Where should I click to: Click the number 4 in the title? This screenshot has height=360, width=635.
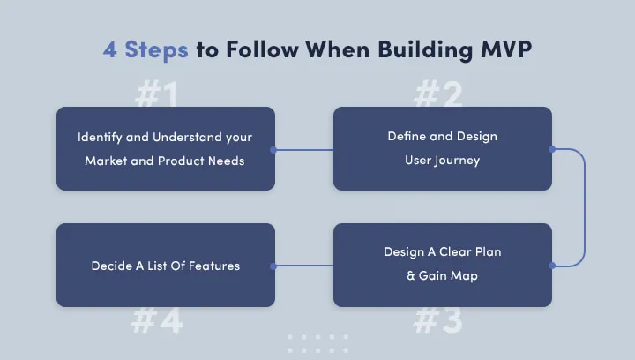(109, 49)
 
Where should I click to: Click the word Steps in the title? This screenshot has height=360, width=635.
(156, 49)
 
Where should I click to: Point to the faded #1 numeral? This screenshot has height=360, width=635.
(157, 95)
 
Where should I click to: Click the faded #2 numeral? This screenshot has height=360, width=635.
(437, 94)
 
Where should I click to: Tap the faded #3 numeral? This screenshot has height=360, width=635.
(437, 320)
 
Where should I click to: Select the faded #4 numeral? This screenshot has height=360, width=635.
(157, 320)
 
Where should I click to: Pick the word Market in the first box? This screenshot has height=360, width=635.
(105, 161)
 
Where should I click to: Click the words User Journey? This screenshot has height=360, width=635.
(443, 161)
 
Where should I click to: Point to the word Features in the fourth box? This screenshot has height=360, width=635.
(214, 266)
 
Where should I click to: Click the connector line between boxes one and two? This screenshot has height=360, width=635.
(303, 150)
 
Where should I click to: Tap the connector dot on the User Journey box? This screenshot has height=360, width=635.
(552, 149)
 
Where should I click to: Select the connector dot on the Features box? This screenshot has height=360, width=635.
(274, 266)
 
